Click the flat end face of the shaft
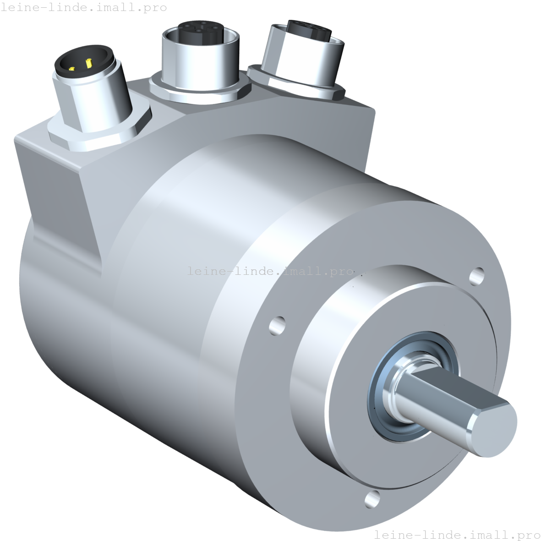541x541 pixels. pyautogui.click(x=494, y=430)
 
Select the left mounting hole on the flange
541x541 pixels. pyautogui.click(x=277, y=324)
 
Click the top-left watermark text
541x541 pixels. pyautogui.click(x=84, y=8)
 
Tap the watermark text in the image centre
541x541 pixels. pyautogui.click(x=270, y=271)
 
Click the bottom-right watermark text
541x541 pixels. pyautogui.click(x=457, y=535)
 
